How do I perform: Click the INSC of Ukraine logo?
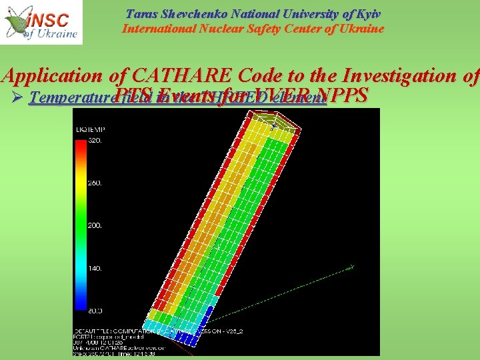click(x=41, y=22)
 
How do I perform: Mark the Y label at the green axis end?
click(x=353, y=267)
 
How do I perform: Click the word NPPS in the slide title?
click(x=343, y=95)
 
